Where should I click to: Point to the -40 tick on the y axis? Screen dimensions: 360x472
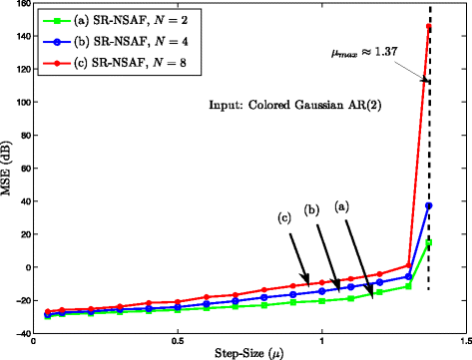pyautogui.click(x=19, y=333)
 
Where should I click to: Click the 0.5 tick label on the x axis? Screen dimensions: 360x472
pyautogui.click(x=178, y=342)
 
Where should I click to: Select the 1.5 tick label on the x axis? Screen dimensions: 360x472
pyautogui.click(x=465, y=342)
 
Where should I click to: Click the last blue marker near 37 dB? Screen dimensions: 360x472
pyautogui.click(x=428, y=205)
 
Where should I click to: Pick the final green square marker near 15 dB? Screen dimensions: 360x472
pyautogui.click(x=428, y=241)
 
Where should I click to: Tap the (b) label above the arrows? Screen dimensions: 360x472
pyautogui.click(x=312, y=210)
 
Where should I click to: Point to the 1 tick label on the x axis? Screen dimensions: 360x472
pyautogui.click(x=321, y=342)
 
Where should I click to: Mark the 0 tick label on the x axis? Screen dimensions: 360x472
pyautogui.click(x=34, y=342)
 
